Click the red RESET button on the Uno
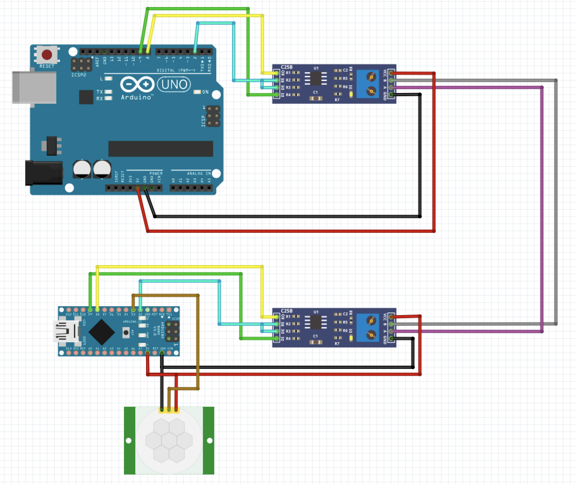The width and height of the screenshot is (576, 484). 47,54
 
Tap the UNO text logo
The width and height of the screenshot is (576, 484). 174,84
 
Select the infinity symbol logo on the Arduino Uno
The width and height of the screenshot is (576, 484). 137,84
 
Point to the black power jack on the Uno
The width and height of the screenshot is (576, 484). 44,173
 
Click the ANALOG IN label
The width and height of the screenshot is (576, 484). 199,173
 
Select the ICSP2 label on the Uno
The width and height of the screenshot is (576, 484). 79,75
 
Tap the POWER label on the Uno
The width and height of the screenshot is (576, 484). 156,173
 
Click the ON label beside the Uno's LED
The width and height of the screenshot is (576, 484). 205,92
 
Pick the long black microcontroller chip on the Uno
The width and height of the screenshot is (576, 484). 161,149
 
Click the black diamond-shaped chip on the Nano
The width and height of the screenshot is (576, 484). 101,332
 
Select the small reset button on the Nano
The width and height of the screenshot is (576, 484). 126,332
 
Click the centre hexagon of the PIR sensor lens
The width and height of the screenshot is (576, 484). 169,440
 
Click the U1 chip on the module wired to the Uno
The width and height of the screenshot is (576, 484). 316,78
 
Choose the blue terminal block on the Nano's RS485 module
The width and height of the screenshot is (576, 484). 368,328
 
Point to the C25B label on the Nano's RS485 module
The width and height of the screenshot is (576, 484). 287,311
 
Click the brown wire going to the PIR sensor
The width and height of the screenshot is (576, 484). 198,342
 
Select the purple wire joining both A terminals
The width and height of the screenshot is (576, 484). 542,209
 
